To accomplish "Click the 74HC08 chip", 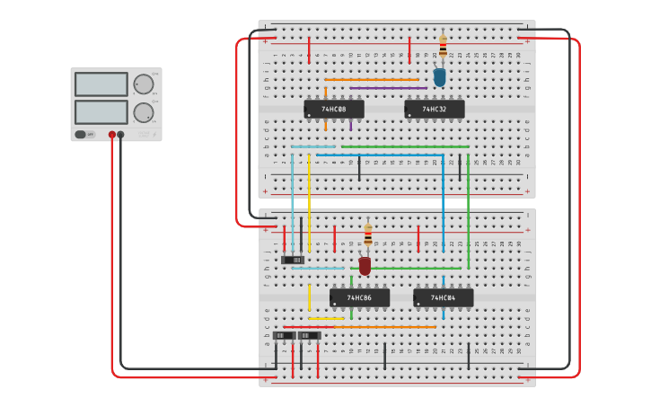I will (x=334, y=110).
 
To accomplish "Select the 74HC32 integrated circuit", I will (x=435, y=110).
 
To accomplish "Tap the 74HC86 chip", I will (x=359, y=297).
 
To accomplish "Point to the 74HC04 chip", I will (x=443, y=297).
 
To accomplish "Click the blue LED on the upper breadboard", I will (x=439, y=77).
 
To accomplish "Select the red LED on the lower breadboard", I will (x=365, y=265).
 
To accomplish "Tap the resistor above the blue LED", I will (x=442, y=46).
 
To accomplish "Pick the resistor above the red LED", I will (x=367, y=235).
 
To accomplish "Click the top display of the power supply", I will (x=101, y=84).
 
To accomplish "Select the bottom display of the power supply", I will (x=101, y=112).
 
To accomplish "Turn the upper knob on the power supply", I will (x=143, y=85).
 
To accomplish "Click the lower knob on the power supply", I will (x=143, y=112).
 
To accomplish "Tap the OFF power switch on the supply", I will (x=82, y=135).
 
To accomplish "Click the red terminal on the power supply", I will (x=112, y=135).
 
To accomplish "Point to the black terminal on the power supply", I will (x=121, y=135).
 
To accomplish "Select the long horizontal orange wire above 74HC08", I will (x=372, y=80).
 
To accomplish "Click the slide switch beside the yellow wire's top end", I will (x=293, y=261).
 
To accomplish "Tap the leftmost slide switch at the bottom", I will (x=284, y=336).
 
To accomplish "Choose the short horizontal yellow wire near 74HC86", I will (x=326, y=318).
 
